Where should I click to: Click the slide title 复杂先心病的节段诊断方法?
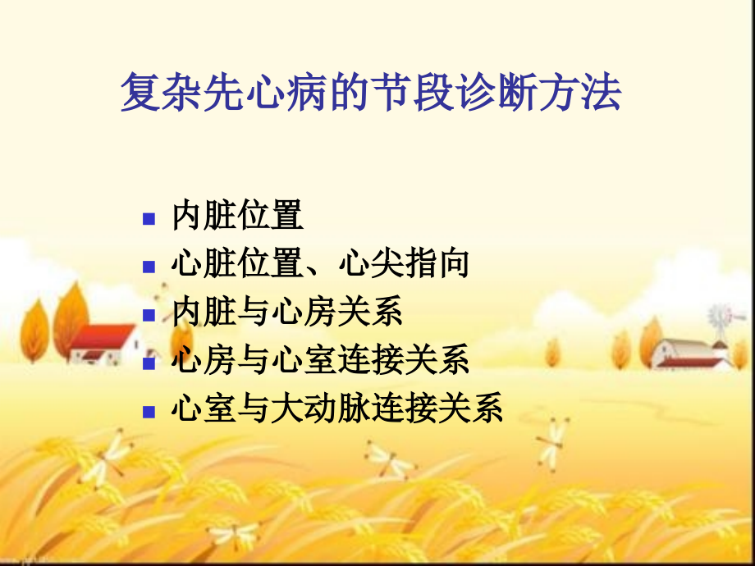371,93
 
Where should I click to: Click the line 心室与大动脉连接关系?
337,408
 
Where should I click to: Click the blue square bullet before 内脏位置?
149,218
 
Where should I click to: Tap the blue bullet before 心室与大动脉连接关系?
149,410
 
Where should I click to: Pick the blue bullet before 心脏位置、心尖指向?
149,266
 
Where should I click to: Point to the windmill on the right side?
721,319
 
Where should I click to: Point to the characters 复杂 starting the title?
152,93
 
